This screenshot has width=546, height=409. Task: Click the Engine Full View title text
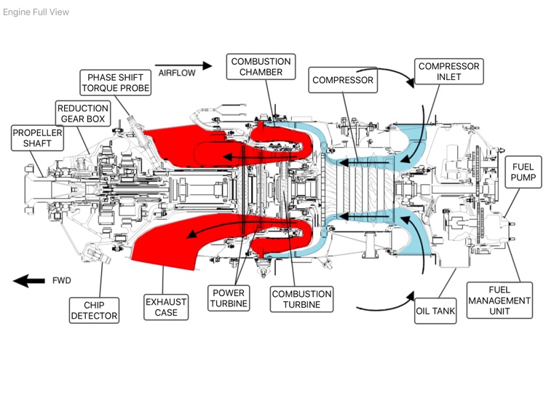(x=36, y=12)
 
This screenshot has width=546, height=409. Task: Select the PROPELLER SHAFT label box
(x=37, y=138)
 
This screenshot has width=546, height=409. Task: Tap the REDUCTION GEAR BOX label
(x=82, y=114)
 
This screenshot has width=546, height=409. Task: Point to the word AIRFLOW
(x=175, y=73)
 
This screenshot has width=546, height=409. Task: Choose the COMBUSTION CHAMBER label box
(x=261, y=67)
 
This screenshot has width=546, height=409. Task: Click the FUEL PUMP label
(x=523, y=172)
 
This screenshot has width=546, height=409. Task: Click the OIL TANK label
(x=435, y=311)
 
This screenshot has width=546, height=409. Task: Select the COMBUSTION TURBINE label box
(x=301, y=299)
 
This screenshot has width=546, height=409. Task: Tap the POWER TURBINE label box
(x=229, y=298)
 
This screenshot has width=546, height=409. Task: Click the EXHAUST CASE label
(x=166, y=306)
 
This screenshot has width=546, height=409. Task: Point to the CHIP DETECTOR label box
(x=94, y=309)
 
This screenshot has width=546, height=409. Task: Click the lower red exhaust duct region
(x=175, y=240)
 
